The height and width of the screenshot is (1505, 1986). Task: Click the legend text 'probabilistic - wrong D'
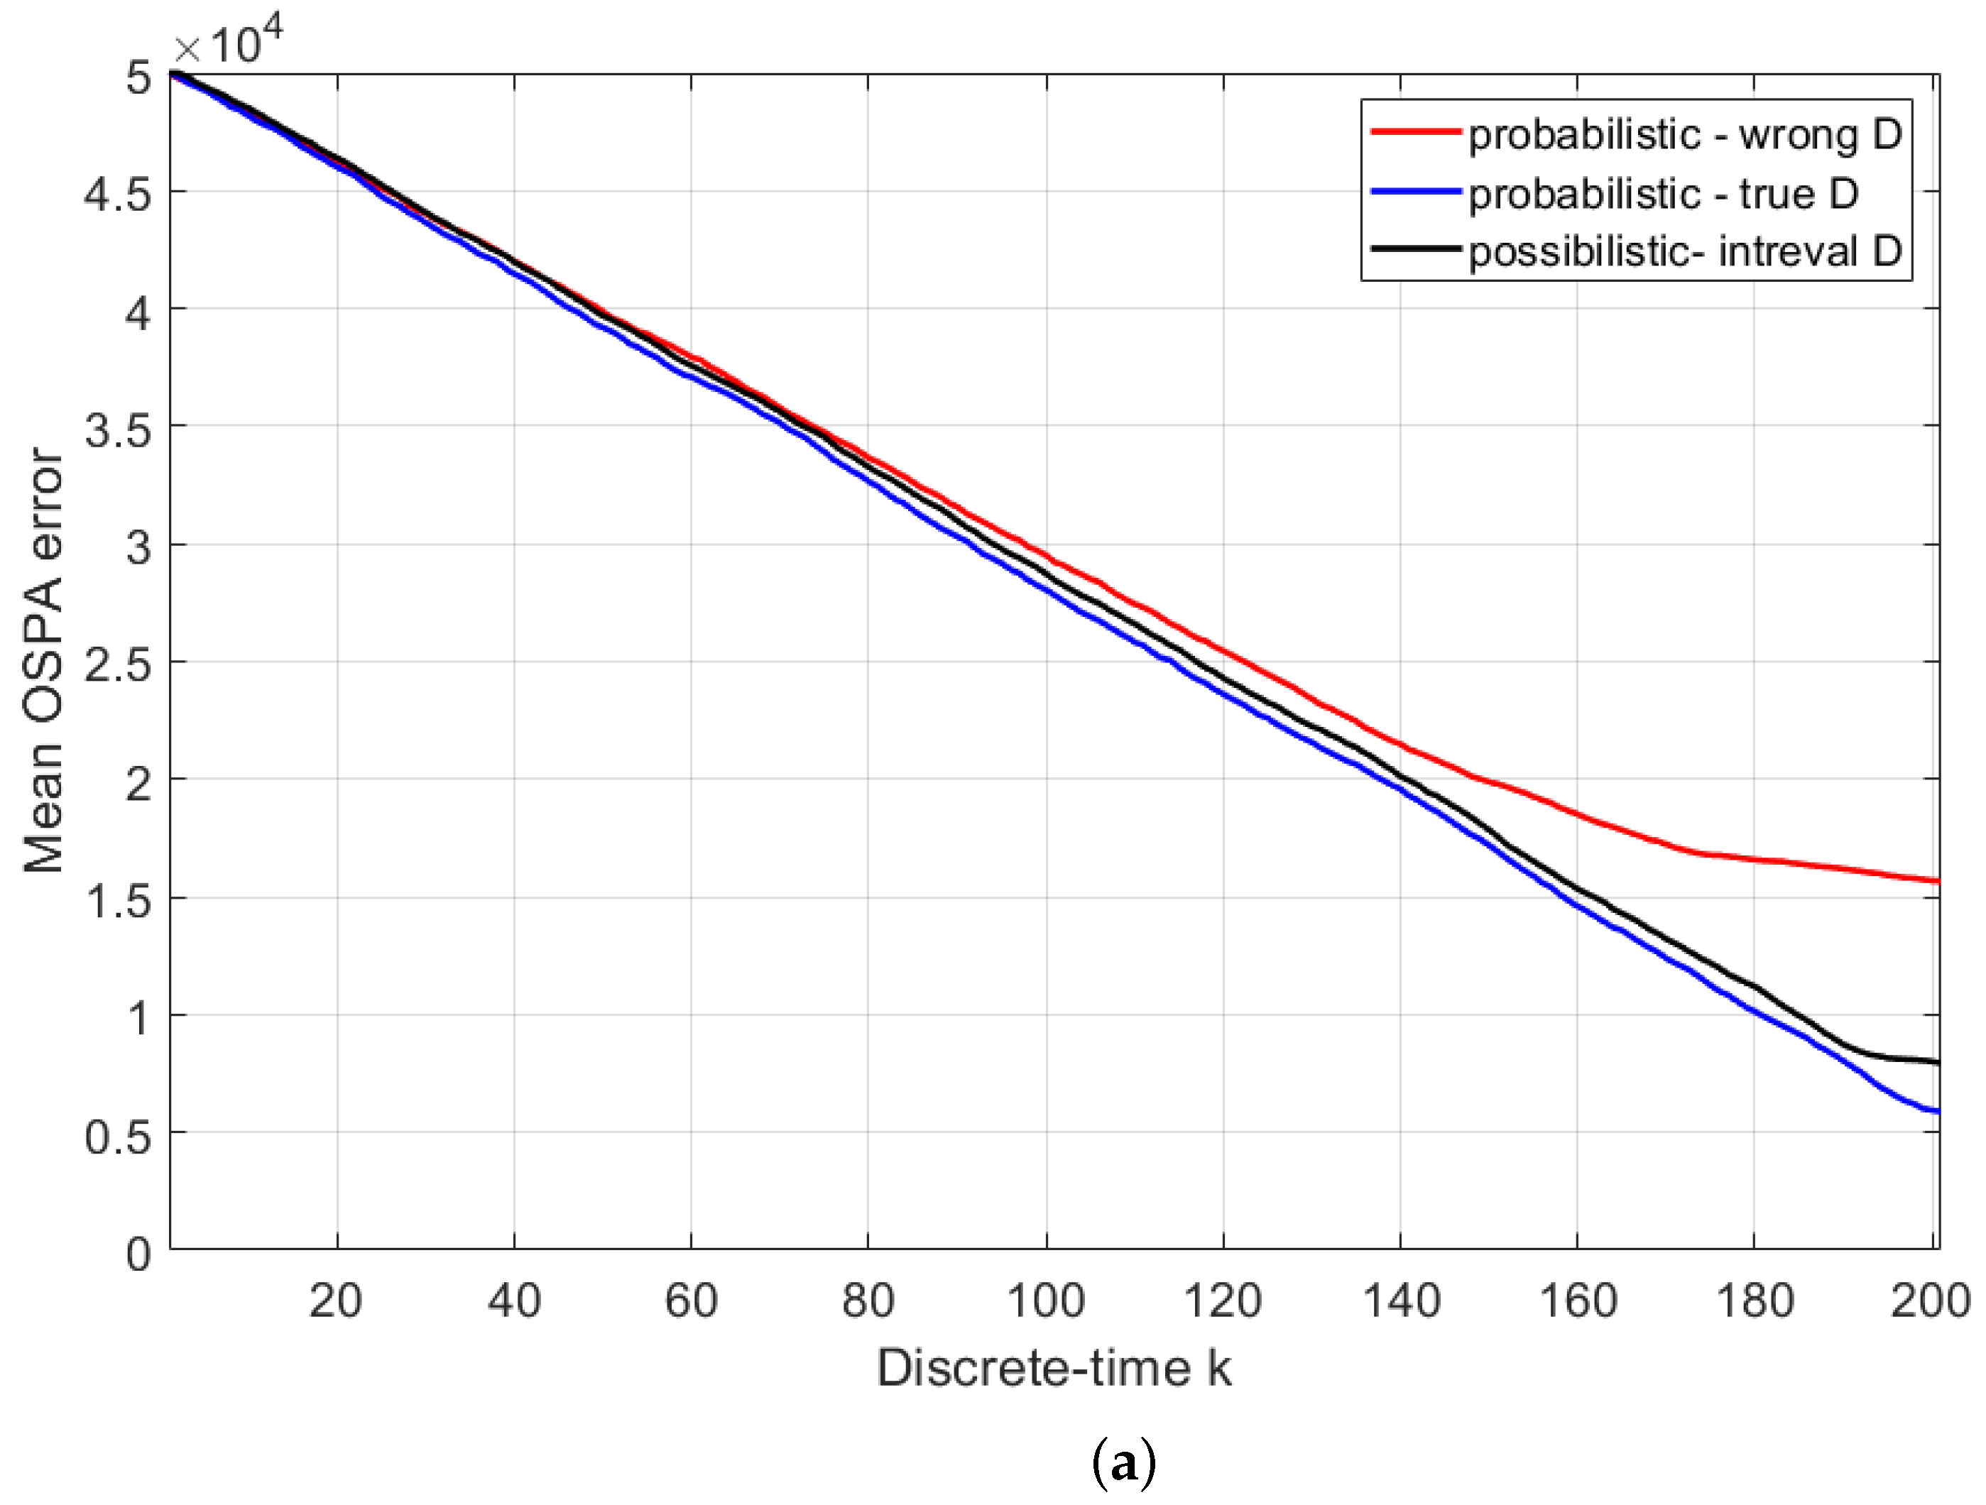point(1685,135)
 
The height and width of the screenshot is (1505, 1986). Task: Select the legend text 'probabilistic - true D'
point(1663,193)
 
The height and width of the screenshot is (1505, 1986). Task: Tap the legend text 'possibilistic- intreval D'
point(1685,251)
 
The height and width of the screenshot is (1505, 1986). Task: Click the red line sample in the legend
point(1416,132)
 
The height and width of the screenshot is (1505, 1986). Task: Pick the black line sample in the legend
point(1416,248)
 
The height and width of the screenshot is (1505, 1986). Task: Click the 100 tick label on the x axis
point(1046,1301)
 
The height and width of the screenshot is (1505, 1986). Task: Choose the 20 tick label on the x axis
point(336,1301)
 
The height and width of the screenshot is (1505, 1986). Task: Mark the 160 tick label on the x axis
point(1578,1301)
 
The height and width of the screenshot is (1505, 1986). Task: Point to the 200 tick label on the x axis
point(1931,1301)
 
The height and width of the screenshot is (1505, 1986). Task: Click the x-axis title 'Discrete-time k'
point(1053,1369)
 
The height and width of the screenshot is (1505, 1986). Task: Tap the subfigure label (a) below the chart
point(1123,1464)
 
